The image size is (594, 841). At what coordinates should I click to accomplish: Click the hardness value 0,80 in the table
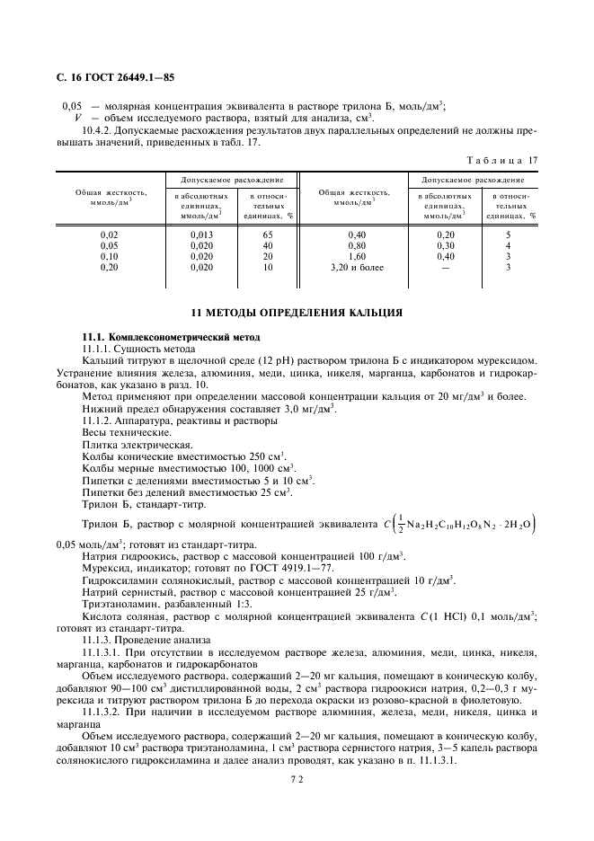click(x=356, y=245)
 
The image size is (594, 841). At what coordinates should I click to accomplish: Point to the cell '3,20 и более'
click(x=356, y=268)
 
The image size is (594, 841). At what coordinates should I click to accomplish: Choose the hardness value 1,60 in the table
click(x=356, y=257)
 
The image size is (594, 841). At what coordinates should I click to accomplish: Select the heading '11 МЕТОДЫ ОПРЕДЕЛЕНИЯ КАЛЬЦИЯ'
click(x=297, y=313)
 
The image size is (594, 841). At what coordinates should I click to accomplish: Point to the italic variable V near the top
click(x=77, y=117)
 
